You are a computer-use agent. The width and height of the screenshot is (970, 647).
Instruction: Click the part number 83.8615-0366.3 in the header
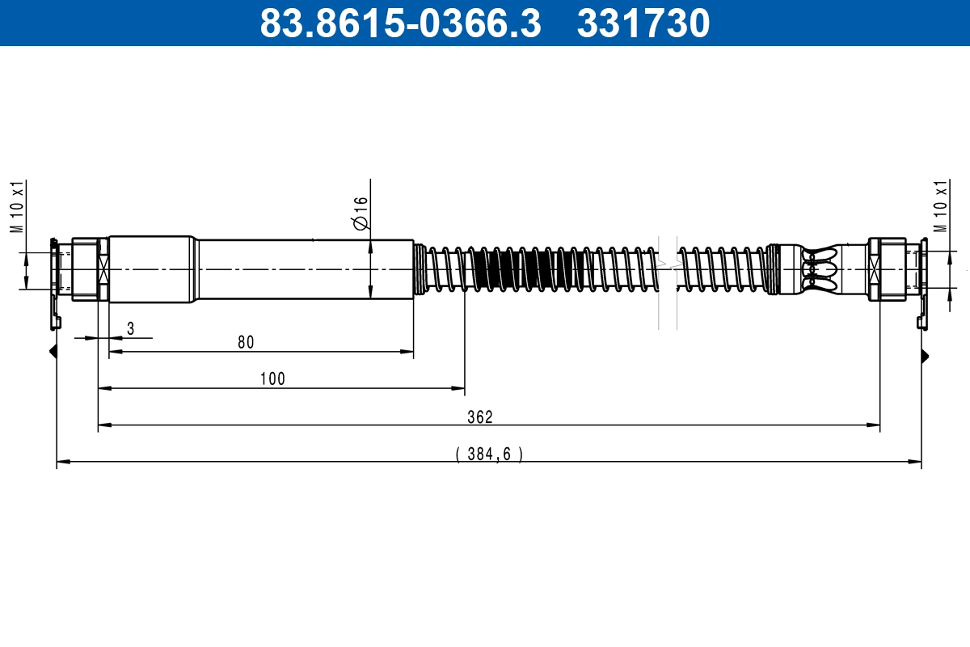399,23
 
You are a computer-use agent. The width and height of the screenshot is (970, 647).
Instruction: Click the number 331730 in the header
643,23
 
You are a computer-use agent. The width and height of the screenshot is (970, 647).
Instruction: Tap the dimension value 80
246,342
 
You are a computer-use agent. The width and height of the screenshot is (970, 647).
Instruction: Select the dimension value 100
273,378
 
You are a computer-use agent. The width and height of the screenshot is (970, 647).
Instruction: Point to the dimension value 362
480,417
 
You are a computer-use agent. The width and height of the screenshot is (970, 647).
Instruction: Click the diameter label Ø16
361,212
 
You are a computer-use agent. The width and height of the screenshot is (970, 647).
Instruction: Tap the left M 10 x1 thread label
16,207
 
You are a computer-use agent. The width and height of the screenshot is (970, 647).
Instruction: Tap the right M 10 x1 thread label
940,207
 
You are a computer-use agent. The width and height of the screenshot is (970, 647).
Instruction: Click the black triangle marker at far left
53,352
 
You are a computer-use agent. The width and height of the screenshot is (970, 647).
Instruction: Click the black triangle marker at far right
925,356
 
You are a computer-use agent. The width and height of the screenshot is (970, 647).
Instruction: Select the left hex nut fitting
85,269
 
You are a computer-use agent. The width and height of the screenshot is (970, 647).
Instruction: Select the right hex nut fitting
886,269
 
